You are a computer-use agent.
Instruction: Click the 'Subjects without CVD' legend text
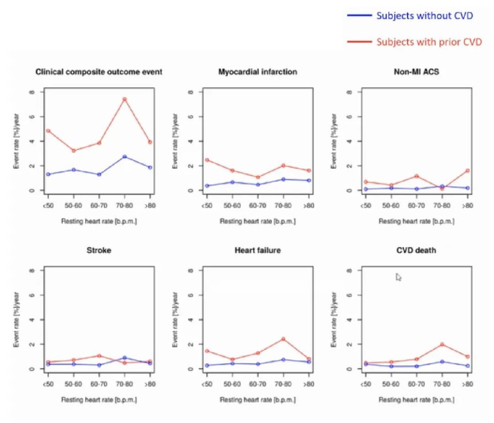[x=424, y=16]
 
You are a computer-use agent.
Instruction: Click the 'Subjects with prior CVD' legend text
[x=429, y=42]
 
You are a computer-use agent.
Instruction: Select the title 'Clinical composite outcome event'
[x=99, y=72]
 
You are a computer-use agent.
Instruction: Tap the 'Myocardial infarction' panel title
[x=258, y=72]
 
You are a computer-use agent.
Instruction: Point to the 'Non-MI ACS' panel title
[x=416, y=72]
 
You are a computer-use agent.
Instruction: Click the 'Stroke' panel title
[x=99, y=250]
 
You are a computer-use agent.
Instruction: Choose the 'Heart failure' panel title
[x=258, y=250]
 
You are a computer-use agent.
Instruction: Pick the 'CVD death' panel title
[x=416, y=250]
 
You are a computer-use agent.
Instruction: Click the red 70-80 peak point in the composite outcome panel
[x=124, y=99]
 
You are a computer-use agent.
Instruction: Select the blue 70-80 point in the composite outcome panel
[x=124, y=157]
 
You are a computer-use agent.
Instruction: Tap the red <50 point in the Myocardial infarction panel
[x=207, y=160]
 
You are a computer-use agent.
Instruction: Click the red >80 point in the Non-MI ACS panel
[x=467, y=170]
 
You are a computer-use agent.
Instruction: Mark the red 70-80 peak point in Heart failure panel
[x=283, y=339]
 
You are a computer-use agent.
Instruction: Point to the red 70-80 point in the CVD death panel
[x=442, y=344]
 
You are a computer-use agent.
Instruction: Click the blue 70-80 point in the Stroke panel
[x=124, y=358]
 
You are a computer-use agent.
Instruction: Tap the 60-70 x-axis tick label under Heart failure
[x=258, y=384]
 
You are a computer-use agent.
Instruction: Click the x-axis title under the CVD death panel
[x=416, y=400]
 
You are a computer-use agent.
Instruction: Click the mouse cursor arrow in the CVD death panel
[x=398, y=277]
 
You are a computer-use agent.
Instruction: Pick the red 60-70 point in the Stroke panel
[x=99, y=356]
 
